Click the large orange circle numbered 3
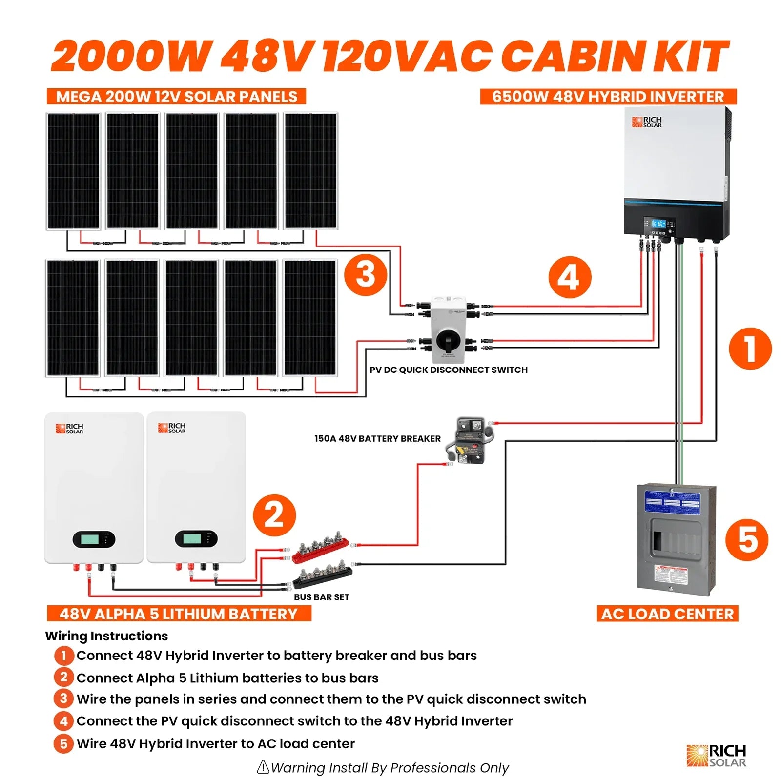[366, 274]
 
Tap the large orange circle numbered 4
[570, 277]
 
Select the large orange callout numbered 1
[750, 348]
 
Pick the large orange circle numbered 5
[747, 540]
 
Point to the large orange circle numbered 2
[274, 515]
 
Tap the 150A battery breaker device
[470, 440]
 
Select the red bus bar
[320, 550]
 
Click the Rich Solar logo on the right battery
[171, 428]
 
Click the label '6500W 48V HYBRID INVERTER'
[608, 97]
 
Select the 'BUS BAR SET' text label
[321, 597]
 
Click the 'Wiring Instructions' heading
[106, 636]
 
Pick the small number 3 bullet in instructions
[63, 699]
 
